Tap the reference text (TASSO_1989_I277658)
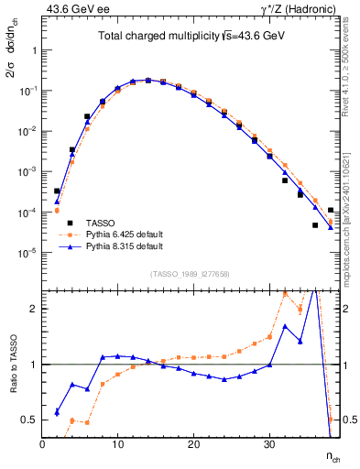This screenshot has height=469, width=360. [x=190, y=274]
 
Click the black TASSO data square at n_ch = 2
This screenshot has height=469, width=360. [x=57, y=191]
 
